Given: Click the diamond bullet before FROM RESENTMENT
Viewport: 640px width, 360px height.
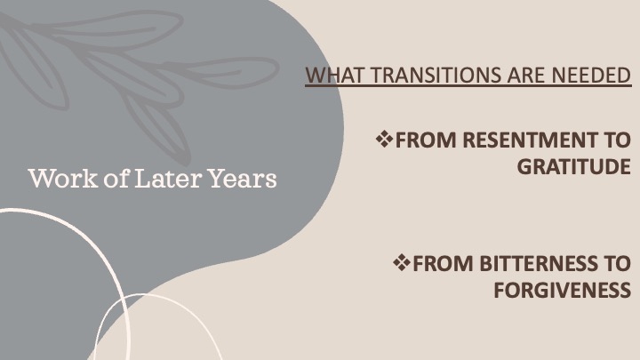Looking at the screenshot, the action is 384,140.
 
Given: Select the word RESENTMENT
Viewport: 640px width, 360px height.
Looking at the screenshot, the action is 529,140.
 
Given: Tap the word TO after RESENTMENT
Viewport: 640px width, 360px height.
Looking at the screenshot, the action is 616,140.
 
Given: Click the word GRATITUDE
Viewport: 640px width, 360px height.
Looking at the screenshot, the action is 574,166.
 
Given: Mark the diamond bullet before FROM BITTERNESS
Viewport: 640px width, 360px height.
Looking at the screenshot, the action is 402,262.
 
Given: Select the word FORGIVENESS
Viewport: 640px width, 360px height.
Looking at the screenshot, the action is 563,290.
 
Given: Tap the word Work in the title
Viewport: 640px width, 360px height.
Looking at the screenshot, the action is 63,179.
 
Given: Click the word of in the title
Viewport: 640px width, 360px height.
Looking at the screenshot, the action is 116,179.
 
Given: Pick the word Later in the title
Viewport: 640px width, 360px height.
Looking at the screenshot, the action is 168,179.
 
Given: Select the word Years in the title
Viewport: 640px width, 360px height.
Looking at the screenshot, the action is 243,179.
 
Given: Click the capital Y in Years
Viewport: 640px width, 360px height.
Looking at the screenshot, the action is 217,179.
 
